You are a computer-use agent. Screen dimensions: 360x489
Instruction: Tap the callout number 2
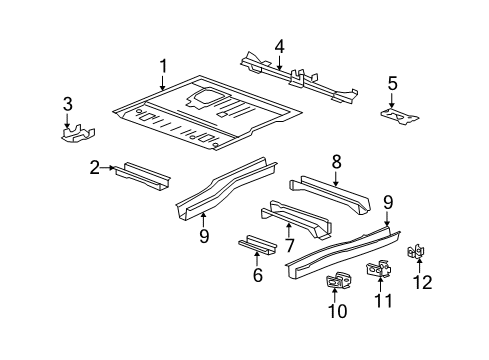click(94, 167)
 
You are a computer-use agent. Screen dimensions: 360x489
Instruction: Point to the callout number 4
click(280, 45)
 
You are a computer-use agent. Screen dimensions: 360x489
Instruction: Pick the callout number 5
click(393, 83)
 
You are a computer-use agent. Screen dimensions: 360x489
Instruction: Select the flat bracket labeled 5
click(401, 116)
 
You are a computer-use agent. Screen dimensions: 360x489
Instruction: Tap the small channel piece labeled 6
click(255, 273)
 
